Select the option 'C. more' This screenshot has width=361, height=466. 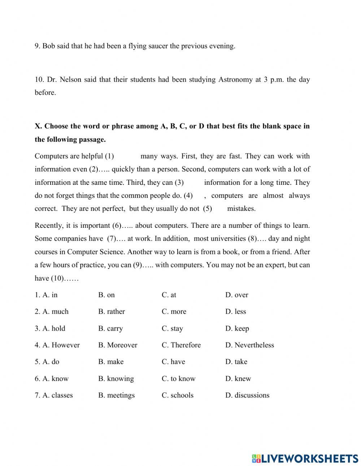point(174,312)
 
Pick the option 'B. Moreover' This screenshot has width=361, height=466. point(118,345)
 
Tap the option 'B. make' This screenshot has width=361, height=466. point(111,362)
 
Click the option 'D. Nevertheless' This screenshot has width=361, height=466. point(249,345)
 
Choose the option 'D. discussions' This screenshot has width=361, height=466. point(247,395)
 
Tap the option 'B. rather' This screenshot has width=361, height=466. point(112,312)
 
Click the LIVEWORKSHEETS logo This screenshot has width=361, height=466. point(305,458)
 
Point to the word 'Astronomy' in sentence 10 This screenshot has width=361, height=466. point(235,79)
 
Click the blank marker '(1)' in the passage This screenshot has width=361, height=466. point(109,156)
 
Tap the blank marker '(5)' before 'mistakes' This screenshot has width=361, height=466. point(207,209)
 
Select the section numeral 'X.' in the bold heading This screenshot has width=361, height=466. point(38,126)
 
